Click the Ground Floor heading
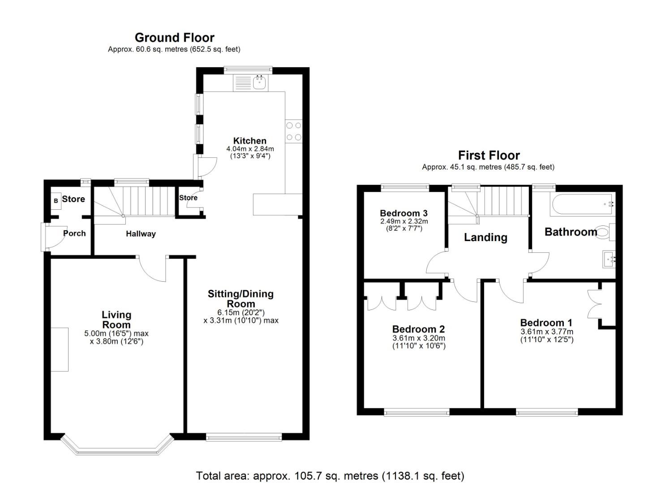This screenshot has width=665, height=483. coord(174,38)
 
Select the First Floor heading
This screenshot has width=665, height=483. coord(489,155)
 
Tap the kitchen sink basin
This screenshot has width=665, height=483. coord(259,83)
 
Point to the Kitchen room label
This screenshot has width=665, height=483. coord(249,141)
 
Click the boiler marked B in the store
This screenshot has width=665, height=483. coord(56,201)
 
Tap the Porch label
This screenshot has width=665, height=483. coord(74,233)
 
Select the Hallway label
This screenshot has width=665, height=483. coord(141,234)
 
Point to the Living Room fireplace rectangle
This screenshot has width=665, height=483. coord(60,349)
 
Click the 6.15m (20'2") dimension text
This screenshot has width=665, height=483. coord(241,313)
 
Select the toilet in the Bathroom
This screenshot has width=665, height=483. coord(604,232)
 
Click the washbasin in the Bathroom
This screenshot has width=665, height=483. coord(609,259)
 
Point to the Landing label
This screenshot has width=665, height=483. coord(485,237)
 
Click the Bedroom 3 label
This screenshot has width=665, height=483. coord(403,213)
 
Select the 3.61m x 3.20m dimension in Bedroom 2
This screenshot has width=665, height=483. coord(419,339)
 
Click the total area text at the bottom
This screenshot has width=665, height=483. coord(330,475)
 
